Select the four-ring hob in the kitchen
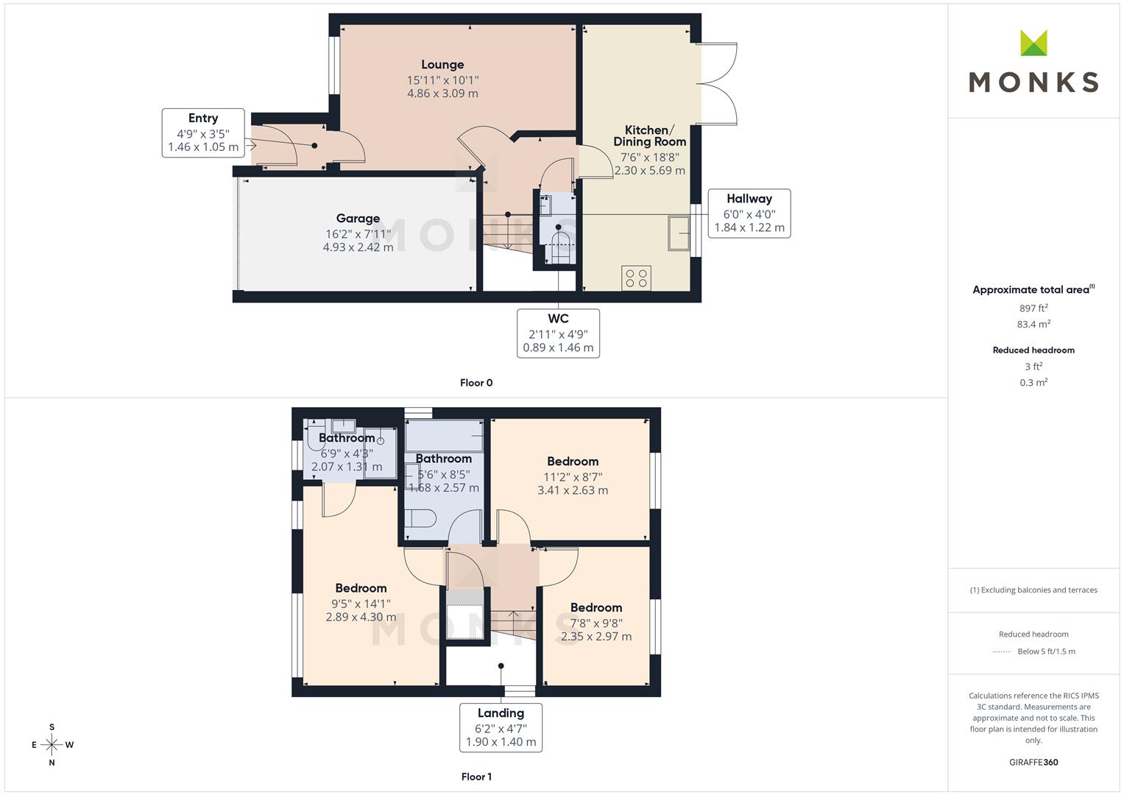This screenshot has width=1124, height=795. coord(636,278)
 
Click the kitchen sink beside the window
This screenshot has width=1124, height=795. coord(679,233)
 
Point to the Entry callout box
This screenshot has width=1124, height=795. coord(203,133)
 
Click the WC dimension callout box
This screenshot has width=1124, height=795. coord(558,333)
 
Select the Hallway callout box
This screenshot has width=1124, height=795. coord(749,213)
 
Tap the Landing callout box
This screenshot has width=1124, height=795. coord(501,727)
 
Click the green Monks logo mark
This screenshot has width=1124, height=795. coord(1033,43)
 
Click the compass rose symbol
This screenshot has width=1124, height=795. coord(52,744)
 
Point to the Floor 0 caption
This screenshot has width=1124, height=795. coord(476,383)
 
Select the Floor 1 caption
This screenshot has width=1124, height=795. coord(476,777)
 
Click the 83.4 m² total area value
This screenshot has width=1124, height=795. coord(1033,324)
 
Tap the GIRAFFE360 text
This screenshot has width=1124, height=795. coord(1033,762)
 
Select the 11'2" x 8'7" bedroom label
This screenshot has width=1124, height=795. coord(573,476)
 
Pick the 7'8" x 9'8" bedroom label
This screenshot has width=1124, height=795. coord(596,622)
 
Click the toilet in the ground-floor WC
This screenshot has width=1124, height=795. coord(558,244)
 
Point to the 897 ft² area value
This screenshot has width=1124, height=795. coord(1033,308)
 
